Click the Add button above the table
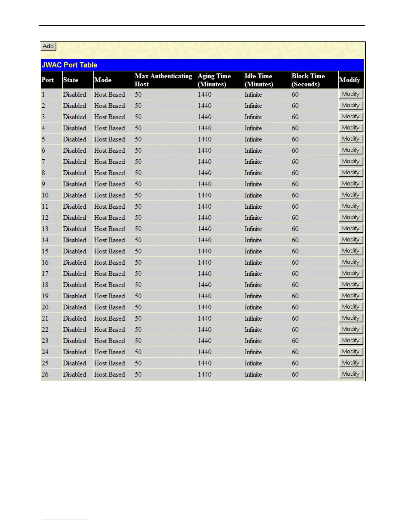point(48,46)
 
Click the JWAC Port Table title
point(69,65)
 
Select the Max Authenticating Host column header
point(163,80)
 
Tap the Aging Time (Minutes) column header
point(214,80)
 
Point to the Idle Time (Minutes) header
point(259,80)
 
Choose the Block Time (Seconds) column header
point(308,80)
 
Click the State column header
point(71,80)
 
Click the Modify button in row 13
point(351,228)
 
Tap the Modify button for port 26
point(351,374)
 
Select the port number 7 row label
point(44,162)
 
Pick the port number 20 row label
point(45,307)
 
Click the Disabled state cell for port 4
point(75,128)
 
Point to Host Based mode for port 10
point(110,195)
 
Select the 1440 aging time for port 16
point(205,263)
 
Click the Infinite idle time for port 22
point(253,330)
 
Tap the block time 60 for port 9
point(295,184)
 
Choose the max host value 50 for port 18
point(138,285)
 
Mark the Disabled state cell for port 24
point(75,352)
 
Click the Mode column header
point(103,80)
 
